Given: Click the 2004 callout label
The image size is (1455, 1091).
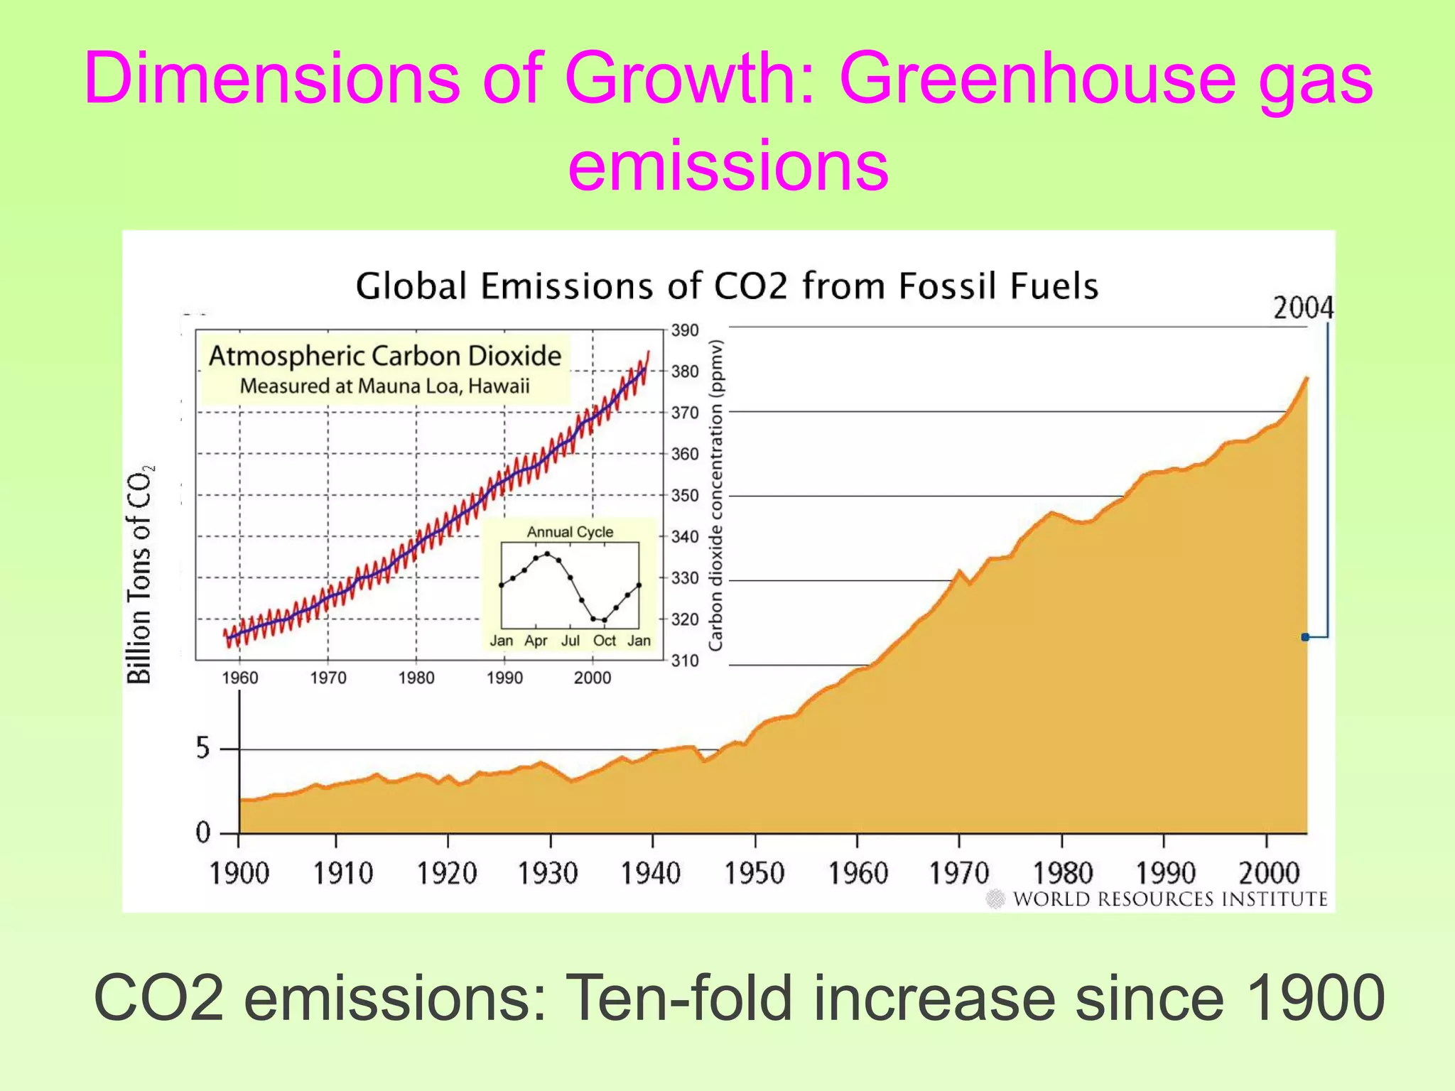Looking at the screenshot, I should click(x=1302, y=308).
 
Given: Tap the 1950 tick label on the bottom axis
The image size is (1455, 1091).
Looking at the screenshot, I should click(x=754, y=873).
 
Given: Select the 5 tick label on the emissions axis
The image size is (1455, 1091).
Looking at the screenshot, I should click(x=203, y=749).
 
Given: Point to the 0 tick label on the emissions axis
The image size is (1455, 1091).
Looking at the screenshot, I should click(x=203, y=832).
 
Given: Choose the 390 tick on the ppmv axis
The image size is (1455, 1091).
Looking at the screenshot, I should click(x=685, y=330).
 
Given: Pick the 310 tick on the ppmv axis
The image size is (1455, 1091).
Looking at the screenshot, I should click(x=685, y=661).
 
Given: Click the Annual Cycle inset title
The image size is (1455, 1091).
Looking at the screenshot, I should click(x=570, y=532).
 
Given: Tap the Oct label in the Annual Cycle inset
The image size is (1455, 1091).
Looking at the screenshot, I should click(x=605, y=641).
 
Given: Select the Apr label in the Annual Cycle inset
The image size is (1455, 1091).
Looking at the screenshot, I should click(x=536, y=641).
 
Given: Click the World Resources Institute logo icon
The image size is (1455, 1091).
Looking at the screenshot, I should click(x=996, y=899).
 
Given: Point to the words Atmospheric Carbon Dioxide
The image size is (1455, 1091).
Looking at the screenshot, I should click(x=385, y=356).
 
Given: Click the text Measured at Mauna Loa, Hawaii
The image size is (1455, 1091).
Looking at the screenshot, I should click(x=385, y=386).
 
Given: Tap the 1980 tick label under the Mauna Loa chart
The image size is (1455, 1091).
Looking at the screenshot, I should click(x=416, y=678).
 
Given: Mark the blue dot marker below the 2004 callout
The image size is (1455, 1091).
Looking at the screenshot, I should click(x=1305, y=637).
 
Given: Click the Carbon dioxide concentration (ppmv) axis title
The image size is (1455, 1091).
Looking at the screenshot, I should click(x=716, y=495).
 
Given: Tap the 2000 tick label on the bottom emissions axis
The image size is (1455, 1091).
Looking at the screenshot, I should click(x=1268, y=873).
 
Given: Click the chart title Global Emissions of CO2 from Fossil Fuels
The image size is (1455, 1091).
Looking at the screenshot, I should click(x=727, y=286).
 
